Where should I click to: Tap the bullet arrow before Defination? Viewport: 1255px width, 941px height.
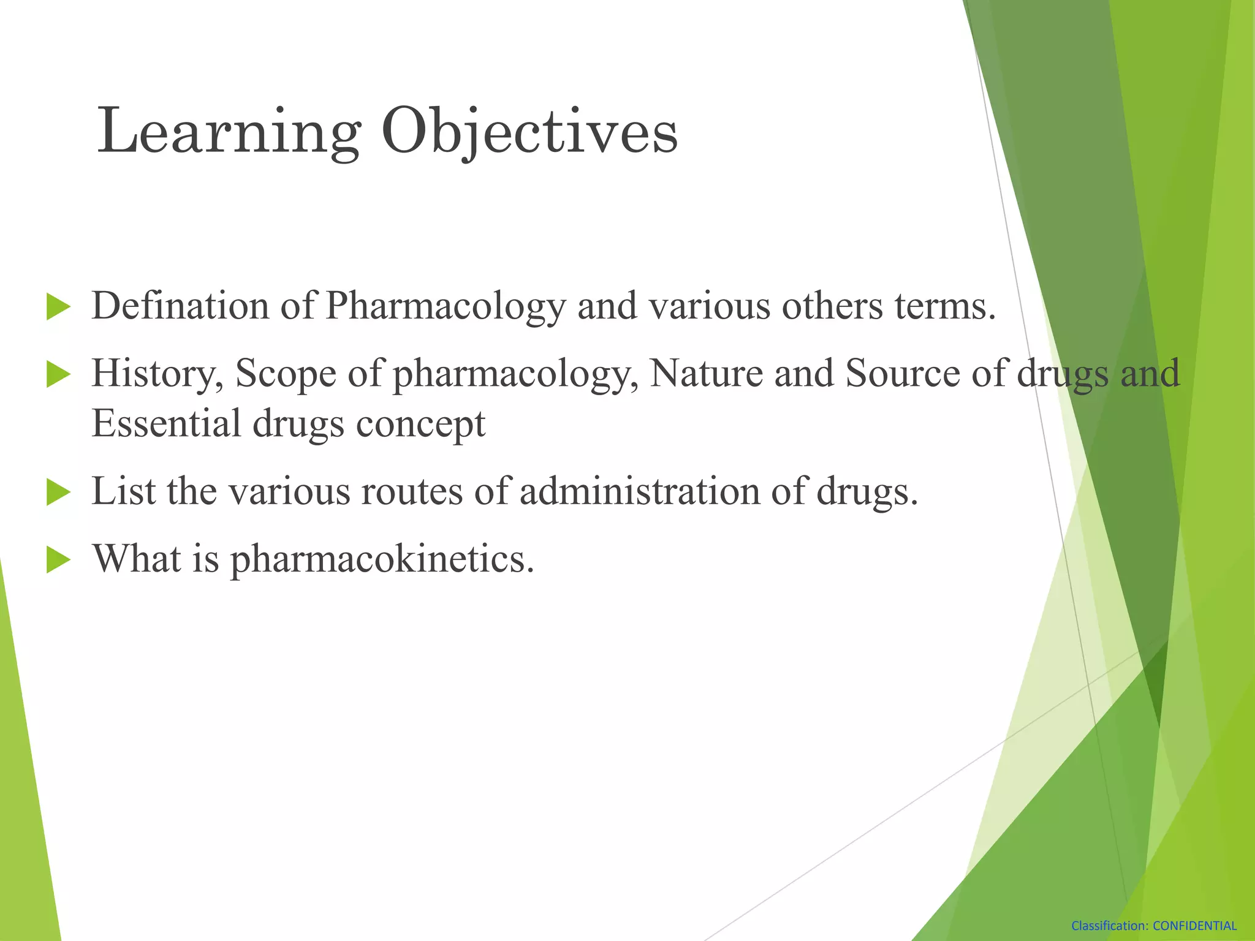[x=58, y=306]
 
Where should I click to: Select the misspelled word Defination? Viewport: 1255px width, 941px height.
[x=180, y=306]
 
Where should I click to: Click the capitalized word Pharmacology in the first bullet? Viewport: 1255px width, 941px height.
[x=446, y=306]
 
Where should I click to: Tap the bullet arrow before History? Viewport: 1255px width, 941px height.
[x=58, y=374]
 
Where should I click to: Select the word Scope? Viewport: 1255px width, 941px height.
[x=286, y=373]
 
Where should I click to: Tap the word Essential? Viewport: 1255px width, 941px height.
[x=166, y=423]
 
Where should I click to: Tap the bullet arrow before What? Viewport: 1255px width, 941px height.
[x=58, y=560]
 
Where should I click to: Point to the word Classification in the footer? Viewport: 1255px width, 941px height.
[x=1109, y=926]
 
